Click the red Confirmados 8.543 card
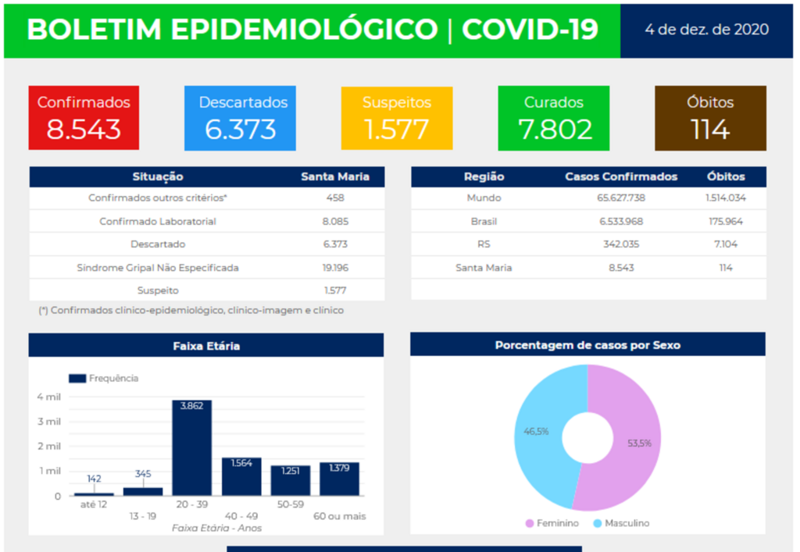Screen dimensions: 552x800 tap(84, 118)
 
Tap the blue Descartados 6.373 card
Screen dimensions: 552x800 tap(241, 118)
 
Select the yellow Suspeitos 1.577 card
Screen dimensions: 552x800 tap(397, 118)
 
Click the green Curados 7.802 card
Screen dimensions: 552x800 tap(554, 118)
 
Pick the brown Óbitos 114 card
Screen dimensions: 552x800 tap(710, 118)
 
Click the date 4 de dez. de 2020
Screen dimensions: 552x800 tap(706, 30)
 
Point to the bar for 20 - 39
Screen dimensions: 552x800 tap(191, 453)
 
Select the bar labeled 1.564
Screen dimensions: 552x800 tap(241, 478)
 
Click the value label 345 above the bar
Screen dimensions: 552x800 tap(142, 474)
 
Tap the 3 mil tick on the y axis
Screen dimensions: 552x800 tap(48, 422)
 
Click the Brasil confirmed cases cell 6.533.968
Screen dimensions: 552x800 tap(621, 221)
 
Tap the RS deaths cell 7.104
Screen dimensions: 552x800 tap(726, 244)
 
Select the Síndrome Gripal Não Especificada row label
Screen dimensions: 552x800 tap(158, 267)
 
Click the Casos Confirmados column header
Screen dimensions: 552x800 tap(621, 176)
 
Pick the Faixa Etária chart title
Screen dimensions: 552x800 tap(206, 345)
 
